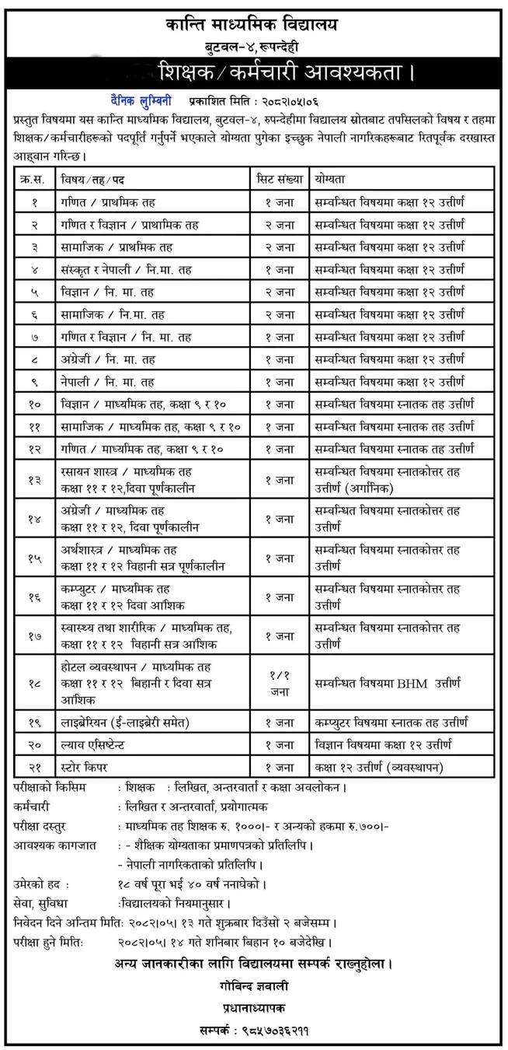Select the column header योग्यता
331,180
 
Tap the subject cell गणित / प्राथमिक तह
109,202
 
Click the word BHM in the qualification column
409,684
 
